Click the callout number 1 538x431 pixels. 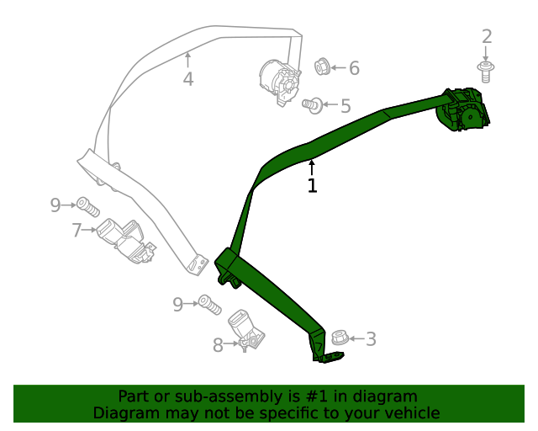312,185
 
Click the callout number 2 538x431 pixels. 486,36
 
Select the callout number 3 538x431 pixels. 370,339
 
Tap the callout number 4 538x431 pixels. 188,79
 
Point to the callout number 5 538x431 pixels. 345,106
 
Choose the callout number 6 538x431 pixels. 354,68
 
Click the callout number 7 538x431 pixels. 76,229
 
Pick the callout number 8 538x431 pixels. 218,344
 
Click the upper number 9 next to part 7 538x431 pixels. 55,205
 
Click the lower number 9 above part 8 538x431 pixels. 177,304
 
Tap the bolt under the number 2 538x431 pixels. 485,72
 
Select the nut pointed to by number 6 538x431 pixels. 321,66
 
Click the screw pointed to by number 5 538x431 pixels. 312,105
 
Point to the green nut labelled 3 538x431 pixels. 339,338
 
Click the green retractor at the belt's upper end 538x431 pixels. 463,109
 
